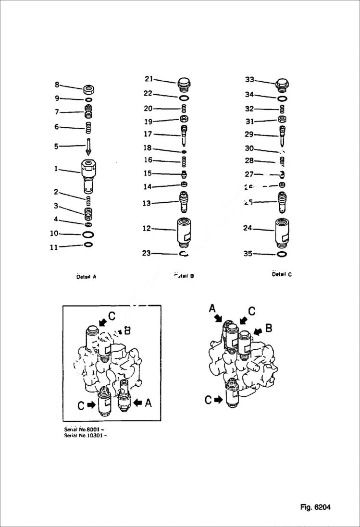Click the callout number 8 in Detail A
(57, 85)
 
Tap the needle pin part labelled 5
(88, 146)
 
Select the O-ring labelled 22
(184, 98)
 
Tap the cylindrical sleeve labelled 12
(184, 231)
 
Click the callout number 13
(147, 203)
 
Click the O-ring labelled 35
(282, 254)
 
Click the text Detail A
(86, 277)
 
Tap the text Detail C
(282, 274)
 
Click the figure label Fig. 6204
(315, 507)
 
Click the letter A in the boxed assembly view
(148, 404)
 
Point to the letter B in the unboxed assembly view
(269, 328)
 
